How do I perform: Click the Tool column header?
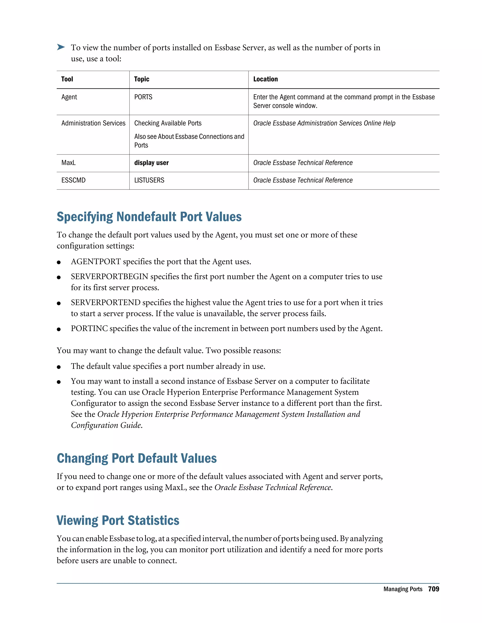point(67,79)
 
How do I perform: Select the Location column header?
point(265,79)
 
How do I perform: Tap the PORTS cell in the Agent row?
point(143,97)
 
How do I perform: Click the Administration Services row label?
point(93,123)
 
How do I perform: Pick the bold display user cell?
point(151,163)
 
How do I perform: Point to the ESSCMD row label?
point(73,180)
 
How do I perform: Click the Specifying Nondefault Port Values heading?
point(149,217)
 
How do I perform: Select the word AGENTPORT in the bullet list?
point(96,262)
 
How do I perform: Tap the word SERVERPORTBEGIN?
point(109,277)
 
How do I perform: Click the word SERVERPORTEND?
point(105,303)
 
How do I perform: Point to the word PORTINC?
point(89,329)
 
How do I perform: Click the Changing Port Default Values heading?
point(137,458)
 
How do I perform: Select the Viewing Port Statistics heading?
point(118,520)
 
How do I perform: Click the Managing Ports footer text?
point(403,589)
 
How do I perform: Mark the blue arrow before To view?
point(61,47)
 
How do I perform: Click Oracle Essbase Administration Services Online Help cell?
point(324,123)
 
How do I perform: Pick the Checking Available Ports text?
point(168,123)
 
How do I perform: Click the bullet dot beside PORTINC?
point(59,329)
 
